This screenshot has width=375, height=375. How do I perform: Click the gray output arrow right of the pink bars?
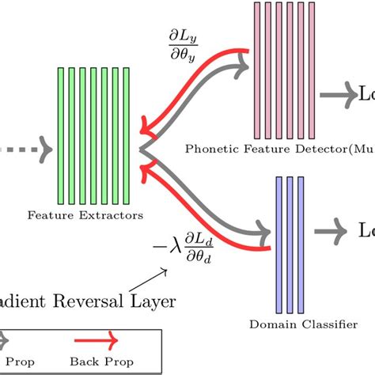coord(339,95)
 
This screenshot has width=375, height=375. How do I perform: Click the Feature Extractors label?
coord(85,214)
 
